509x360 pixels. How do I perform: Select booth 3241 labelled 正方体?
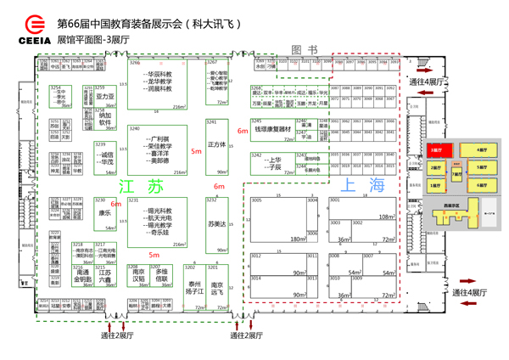click(217, 144)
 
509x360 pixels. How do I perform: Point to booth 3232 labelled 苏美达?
click(217, 223)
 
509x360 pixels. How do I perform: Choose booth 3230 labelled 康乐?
click(104, 214)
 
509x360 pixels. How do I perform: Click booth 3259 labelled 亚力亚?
click(104, 97)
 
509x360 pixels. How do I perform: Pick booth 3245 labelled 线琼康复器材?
click(271, 131)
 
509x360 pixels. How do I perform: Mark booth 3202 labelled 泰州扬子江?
click(193, 287)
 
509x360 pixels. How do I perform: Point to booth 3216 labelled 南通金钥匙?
click(82, 276)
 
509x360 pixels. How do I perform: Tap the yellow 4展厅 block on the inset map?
click(482, 149)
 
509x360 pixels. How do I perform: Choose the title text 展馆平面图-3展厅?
click(93, 39)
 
